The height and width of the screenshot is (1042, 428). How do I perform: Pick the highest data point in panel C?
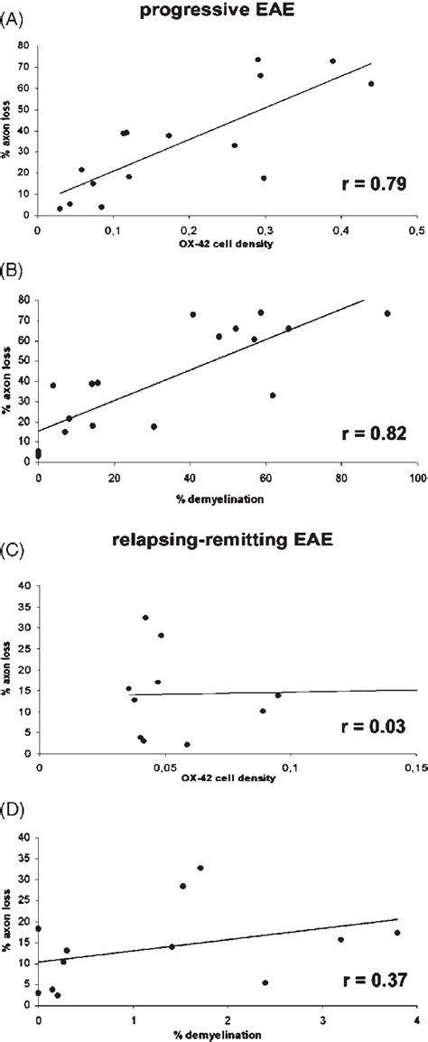pyautogui.click(x=145, y=618)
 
